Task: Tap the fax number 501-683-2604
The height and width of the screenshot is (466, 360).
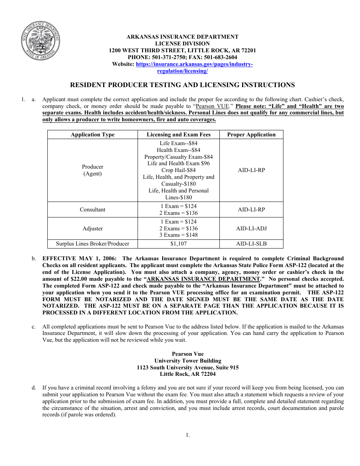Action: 221,57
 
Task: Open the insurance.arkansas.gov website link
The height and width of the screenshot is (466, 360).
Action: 194,64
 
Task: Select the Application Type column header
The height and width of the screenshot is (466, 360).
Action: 92,134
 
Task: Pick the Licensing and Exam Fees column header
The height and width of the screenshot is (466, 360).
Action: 178,134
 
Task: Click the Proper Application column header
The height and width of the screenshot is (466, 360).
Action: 251,134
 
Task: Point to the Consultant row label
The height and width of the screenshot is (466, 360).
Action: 92,210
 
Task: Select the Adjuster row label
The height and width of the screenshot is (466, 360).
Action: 92,228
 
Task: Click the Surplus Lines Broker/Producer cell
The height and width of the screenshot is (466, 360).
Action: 92,244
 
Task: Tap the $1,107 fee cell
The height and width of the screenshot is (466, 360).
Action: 178,244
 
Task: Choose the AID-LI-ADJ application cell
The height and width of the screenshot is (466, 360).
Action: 251,228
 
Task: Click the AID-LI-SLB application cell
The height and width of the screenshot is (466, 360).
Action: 251,244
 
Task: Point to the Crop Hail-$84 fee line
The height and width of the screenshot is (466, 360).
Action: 178,170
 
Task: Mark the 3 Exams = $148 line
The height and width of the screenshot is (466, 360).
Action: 178,235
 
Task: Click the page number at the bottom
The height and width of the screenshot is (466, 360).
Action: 188,435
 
